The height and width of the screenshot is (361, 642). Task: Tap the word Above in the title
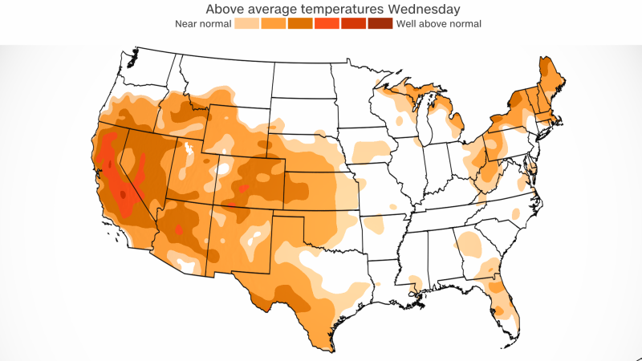tap(227, 10)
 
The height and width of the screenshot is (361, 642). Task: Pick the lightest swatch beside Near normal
tap(245, 24)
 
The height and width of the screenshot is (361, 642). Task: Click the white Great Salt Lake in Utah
tap(189, 150)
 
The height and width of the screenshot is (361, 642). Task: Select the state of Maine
tap(551, 80)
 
